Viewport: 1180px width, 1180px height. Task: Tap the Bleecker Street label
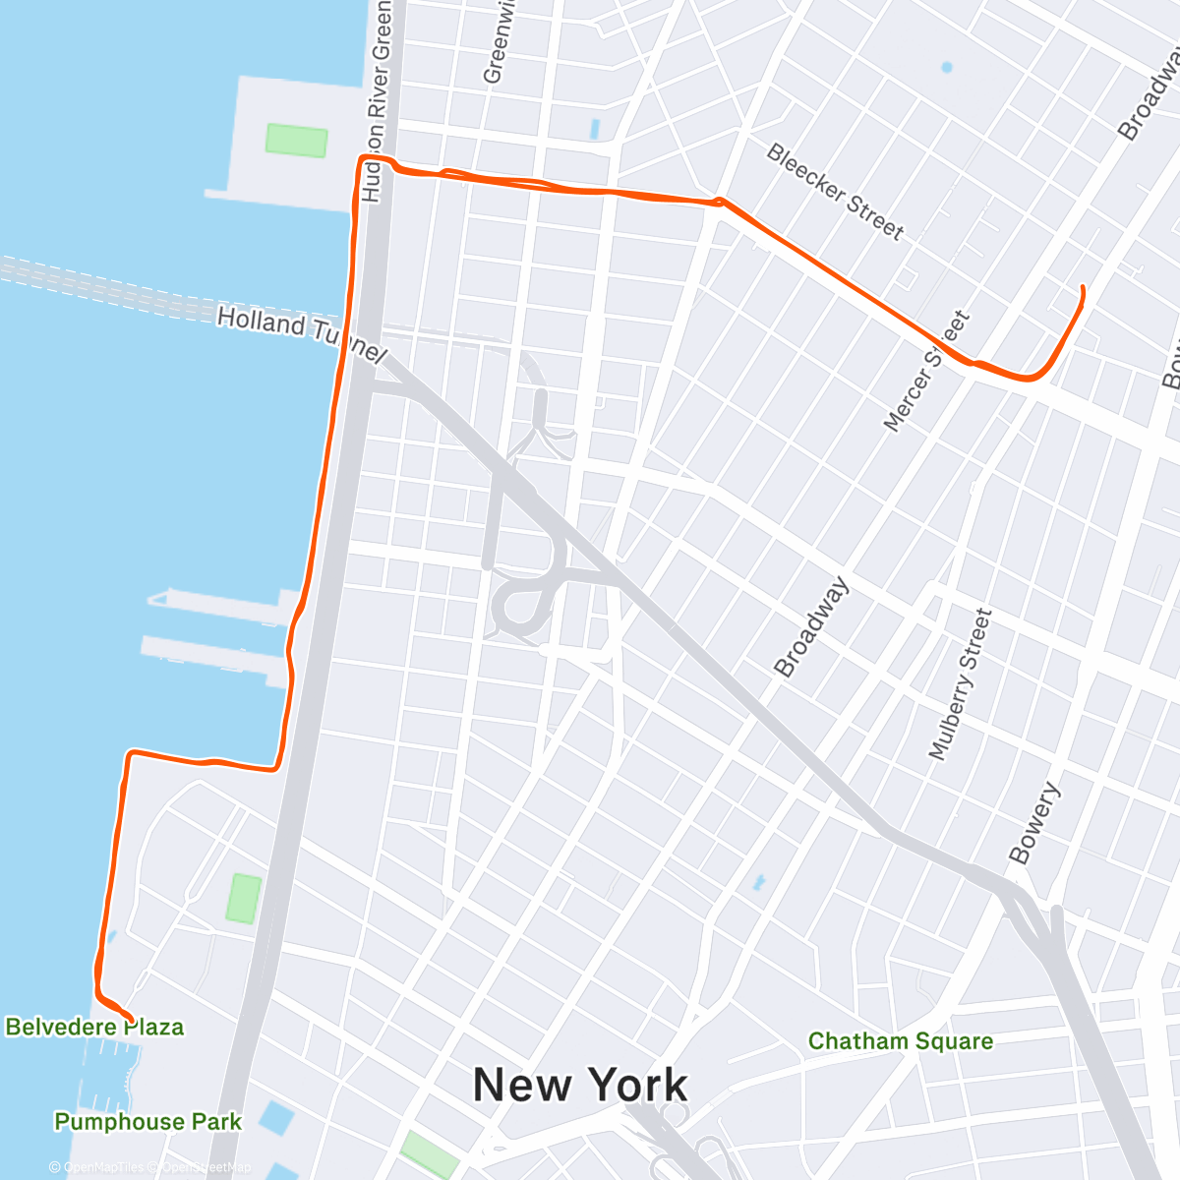835,192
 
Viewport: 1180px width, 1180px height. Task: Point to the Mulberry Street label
961,684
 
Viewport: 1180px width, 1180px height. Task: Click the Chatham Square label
900,1041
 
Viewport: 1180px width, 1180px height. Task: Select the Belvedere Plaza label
94,1028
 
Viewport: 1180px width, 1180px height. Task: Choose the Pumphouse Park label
147,1122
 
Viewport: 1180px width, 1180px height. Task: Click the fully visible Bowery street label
1034,823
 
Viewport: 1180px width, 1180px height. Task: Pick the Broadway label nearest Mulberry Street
811,627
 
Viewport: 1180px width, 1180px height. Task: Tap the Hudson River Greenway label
378,98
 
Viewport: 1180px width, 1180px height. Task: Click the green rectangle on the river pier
296,140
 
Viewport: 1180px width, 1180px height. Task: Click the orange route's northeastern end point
1083,287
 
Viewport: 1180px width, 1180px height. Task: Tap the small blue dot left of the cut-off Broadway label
946,68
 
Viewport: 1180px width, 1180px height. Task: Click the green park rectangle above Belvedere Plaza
243,898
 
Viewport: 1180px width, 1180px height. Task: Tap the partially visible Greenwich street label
500,41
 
